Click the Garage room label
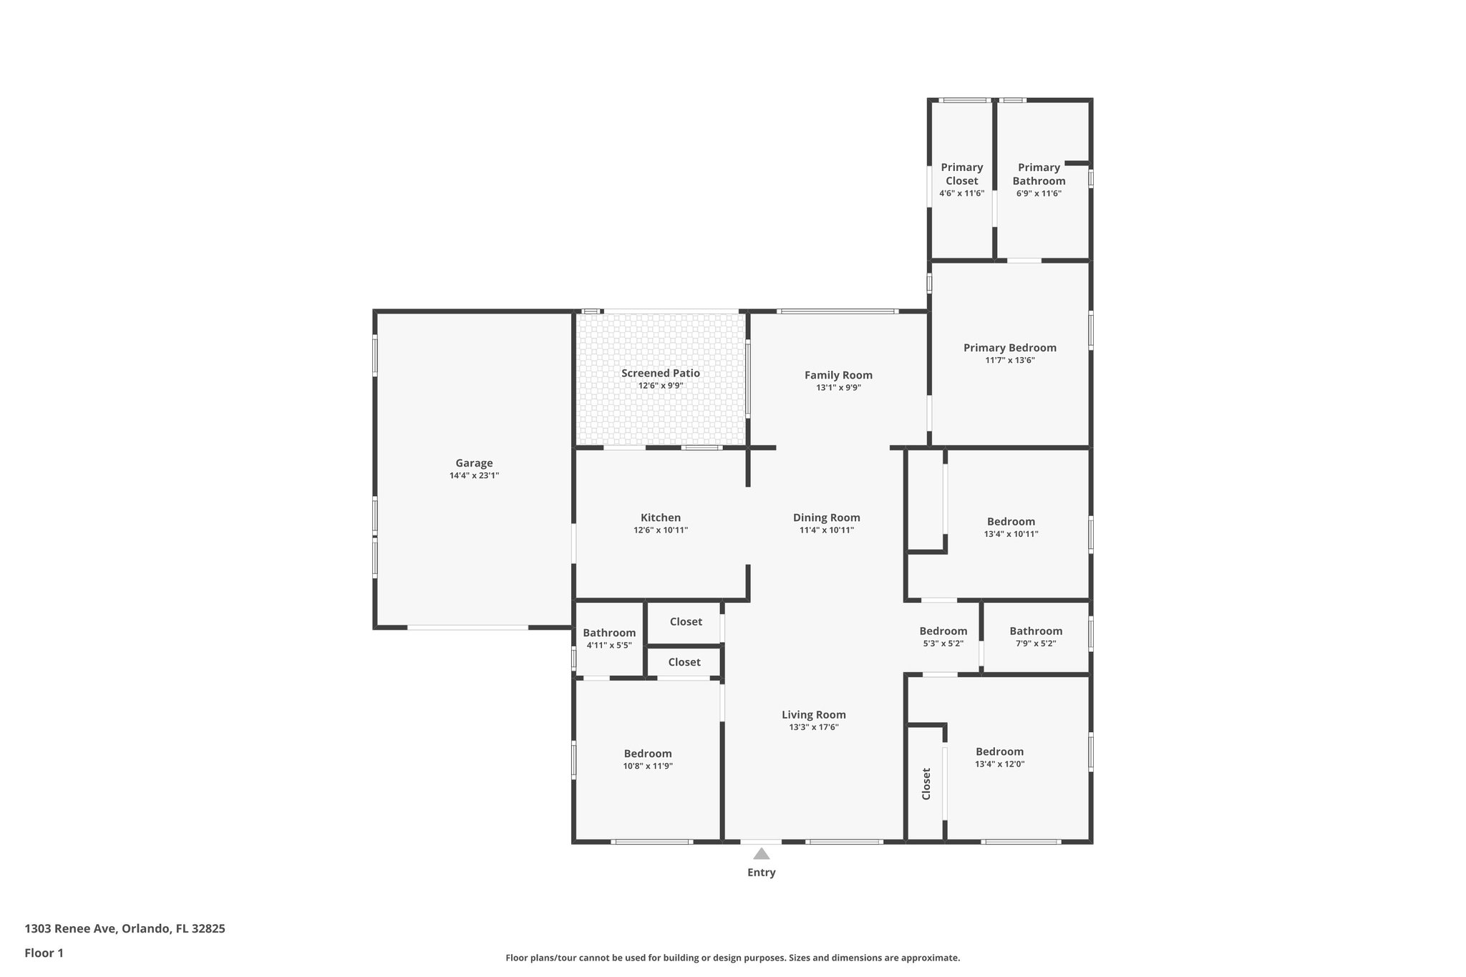tap(474, 463)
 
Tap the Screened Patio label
tap(660, 373)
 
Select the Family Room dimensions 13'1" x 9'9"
tap(838, 388)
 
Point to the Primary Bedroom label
tap(1009, 348)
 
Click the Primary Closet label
tap(961, 174)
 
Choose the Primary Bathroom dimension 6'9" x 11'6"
tap(1039, 193)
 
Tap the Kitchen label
tap(660, 517)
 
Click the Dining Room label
tap(826, 517)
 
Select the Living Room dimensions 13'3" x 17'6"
tap(813, 727)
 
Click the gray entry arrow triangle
tap(761, 853)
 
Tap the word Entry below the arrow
tap(761, 873)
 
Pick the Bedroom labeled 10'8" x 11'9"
tap(647, 754)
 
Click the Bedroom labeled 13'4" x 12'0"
tap(999, 752)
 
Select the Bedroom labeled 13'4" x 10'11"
tap(1011, 522)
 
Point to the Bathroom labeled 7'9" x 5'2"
tap(1036, 631)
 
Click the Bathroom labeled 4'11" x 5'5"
tap(608, 633)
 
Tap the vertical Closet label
tap(926, 784)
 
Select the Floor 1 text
tap(44, 953)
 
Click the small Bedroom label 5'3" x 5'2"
tap(943, 631)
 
